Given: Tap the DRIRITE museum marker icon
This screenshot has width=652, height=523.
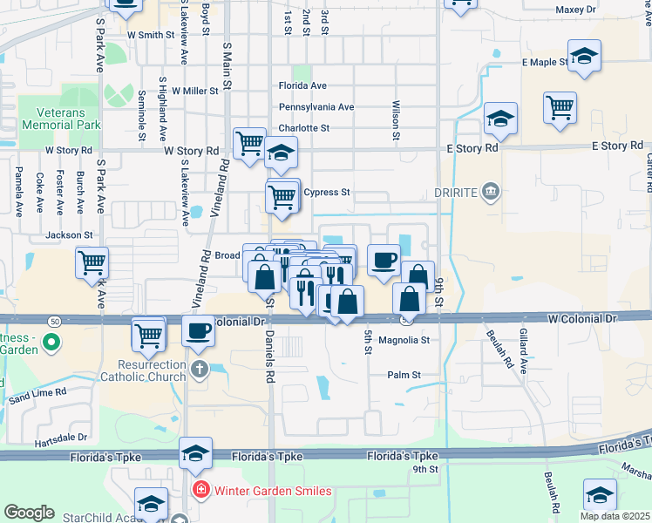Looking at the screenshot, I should tap(491, 191).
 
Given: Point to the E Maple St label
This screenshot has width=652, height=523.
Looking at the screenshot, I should tap(544, 63).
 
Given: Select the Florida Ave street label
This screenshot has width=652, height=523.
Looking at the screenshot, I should tap(302, 86).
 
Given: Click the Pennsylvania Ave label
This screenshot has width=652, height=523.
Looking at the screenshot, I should tap(316, 107).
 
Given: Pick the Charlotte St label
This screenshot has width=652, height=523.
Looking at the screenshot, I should tap(303, 128).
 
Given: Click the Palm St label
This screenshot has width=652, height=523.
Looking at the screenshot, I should tap(404, 375).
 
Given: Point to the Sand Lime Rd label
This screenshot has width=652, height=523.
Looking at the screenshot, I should tap(37, 394).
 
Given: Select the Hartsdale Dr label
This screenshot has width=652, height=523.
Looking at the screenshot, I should tap(61, 438).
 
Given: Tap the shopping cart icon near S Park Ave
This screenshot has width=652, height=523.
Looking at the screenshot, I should tap(92, 261).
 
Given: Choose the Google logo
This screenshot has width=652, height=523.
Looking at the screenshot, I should tap(29, 513).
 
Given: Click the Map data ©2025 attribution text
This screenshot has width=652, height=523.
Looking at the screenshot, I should tap(615, 516).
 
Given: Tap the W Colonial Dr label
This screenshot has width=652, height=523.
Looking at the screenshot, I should tap(582, 319).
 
